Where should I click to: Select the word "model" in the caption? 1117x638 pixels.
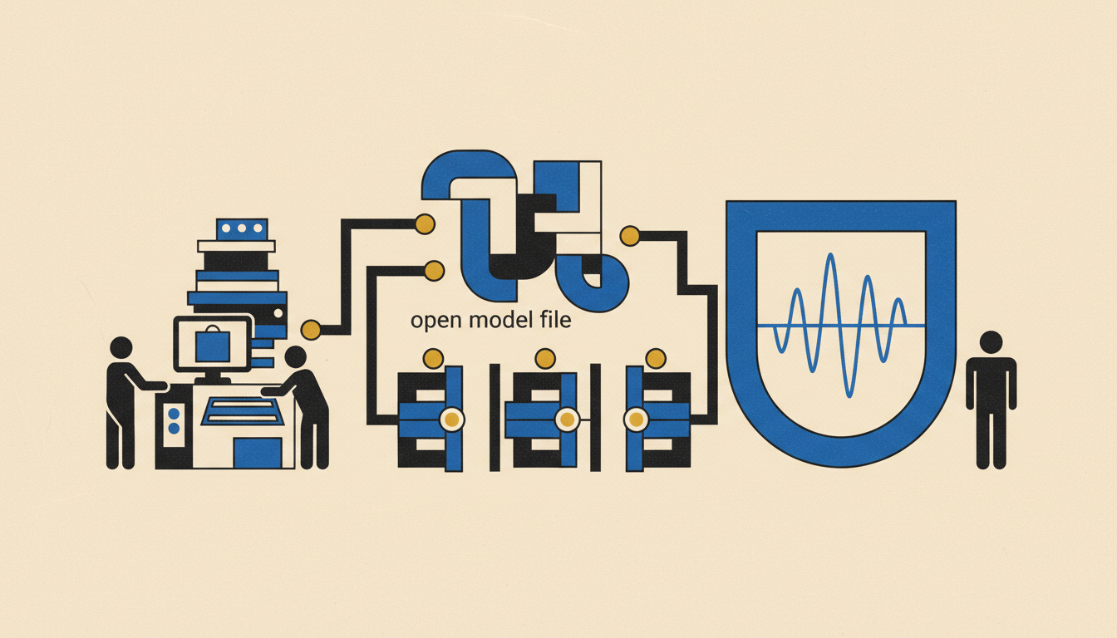tap(500, 319)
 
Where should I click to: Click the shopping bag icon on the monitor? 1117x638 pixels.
tap(213, 344)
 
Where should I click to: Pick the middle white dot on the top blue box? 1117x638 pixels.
tap(242, 228)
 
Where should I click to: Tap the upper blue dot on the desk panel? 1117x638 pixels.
tap(174, 413)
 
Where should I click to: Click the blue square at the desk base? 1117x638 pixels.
tap(258, 453)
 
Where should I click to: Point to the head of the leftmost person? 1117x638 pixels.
tap(121, 347)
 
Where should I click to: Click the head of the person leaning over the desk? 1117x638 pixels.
tap(295, 357)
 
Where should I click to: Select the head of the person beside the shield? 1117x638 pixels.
tap(991, 342)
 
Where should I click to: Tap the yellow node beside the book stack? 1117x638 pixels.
tap(311, 330)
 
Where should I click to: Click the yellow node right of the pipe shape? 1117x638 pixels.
tap(630, 236)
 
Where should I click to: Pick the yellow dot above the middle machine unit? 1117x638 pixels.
tap(545, 359)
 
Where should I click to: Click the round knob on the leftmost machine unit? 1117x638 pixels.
tap(452, 420)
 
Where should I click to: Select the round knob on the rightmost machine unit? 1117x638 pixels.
tap(636, 420)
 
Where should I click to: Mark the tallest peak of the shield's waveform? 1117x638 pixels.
tap(830, 254)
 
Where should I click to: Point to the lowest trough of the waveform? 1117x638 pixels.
tap(849, 396)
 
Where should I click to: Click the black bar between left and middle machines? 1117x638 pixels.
tap(495, 417)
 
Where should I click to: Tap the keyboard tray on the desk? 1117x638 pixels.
tap(243, 411)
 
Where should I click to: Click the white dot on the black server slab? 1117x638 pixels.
tap(278, 313)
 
